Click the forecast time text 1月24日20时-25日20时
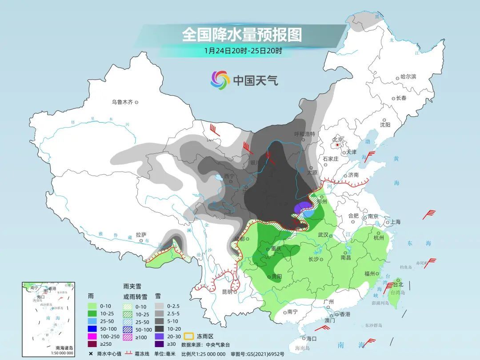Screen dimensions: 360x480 point(243,51)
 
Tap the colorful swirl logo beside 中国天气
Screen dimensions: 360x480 point(220,80)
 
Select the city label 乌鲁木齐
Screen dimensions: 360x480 point(122,102)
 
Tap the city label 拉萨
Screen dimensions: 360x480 point(141,234)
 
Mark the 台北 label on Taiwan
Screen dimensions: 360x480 point(397,284)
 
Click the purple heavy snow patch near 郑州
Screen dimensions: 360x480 point(303,208)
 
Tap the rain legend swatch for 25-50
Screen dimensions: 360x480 point(92,320)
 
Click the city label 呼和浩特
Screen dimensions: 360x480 point(304,134)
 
